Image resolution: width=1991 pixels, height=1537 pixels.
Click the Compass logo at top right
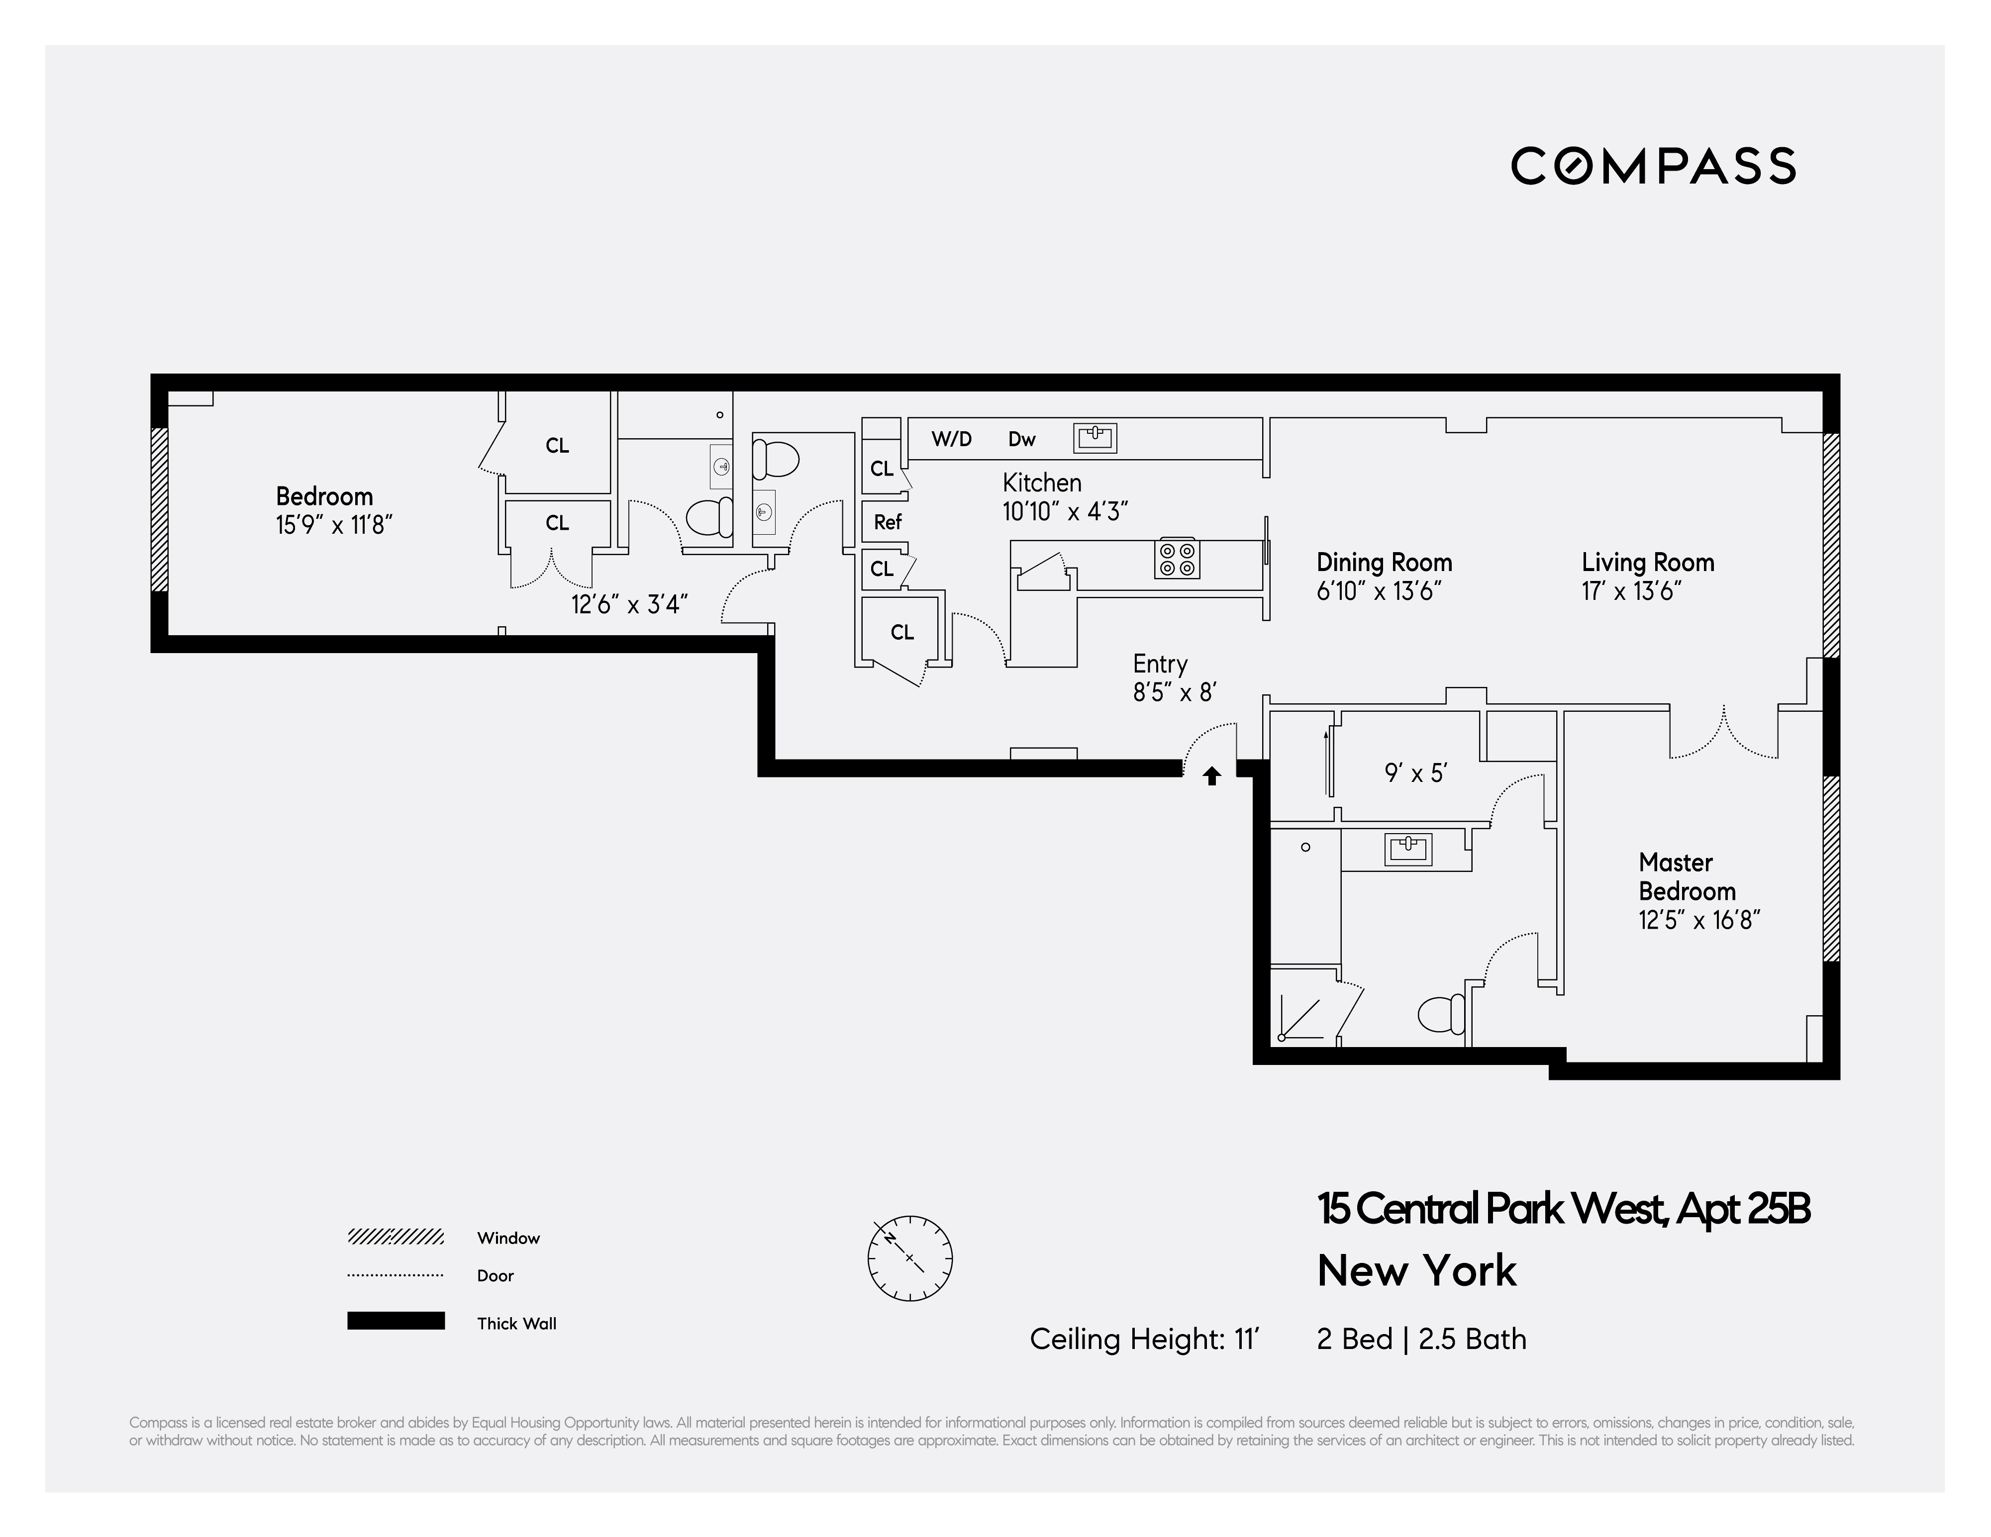coord(1653,166)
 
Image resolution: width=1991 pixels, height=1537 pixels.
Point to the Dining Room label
coord(1384,563)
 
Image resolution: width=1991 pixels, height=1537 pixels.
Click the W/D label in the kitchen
coord(951,439)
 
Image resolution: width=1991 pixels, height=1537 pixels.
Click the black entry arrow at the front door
coord(1211,776)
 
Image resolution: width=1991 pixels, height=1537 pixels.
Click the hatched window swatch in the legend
coord(396,1237)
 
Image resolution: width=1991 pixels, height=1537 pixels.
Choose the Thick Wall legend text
coord(516,1324)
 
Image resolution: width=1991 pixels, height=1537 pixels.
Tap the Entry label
coord(1160,664)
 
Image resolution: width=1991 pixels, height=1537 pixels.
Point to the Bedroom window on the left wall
coord(160,510)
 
